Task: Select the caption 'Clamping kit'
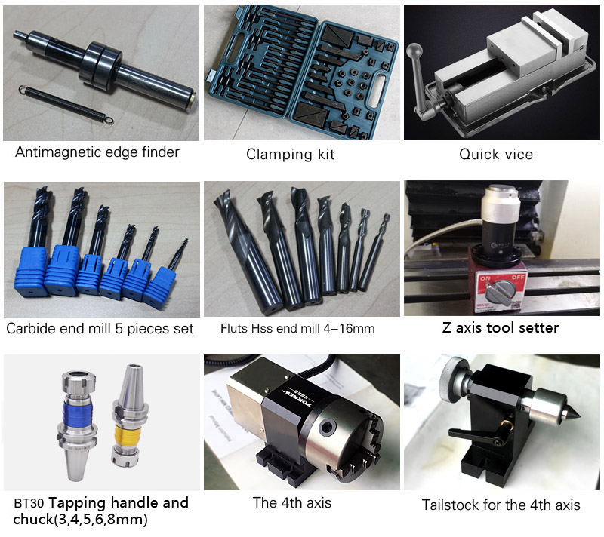290,155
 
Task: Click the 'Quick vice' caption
496,155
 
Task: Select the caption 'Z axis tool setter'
500,327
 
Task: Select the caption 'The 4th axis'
292,502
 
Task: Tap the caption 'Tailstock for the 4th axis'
501,505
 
